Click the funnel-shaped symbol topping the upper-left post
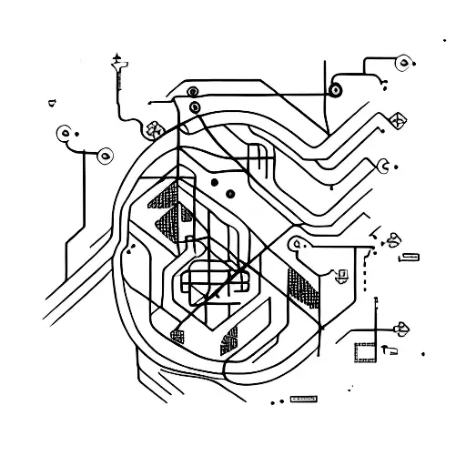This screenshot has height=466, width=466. tap(116, 63)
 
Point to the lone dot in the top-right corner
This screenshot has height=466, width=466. tap(443, 41)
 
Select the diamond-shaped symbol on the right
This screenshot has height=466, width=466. tap(396, 120)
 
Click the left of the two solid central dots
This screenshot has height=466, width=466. tap(214, 181)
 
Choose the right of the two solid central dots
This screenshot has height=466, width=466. tap(231, 192)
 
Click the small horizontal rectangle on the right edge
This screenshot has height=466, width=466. tap(410, 258)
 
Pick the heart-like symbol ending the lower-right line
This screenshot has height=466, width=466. tap(400, 329)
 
